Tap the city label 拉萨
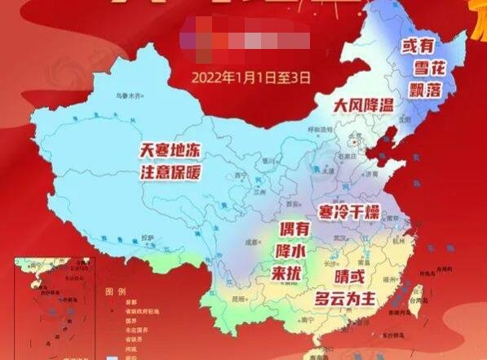pos(148,238)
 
